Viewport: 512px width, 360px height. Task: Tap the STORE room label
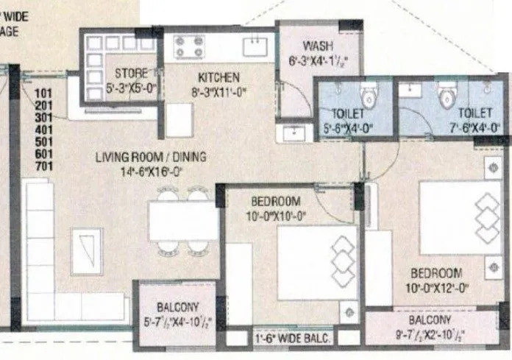coord(132,73)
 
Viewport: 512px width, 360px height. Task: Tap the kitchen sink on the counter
coord(257,45)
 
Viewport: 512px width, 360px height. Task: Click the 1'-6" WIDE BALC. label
coord(292,339)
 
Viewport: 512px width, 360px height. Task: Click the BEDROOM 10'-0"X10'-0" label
coord(276,202)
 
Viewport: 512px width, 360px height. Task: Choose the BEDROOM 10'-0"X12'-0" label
coord(437,272)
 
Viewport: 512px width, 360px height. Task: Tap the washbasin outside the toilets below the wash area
coord(294,133)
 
